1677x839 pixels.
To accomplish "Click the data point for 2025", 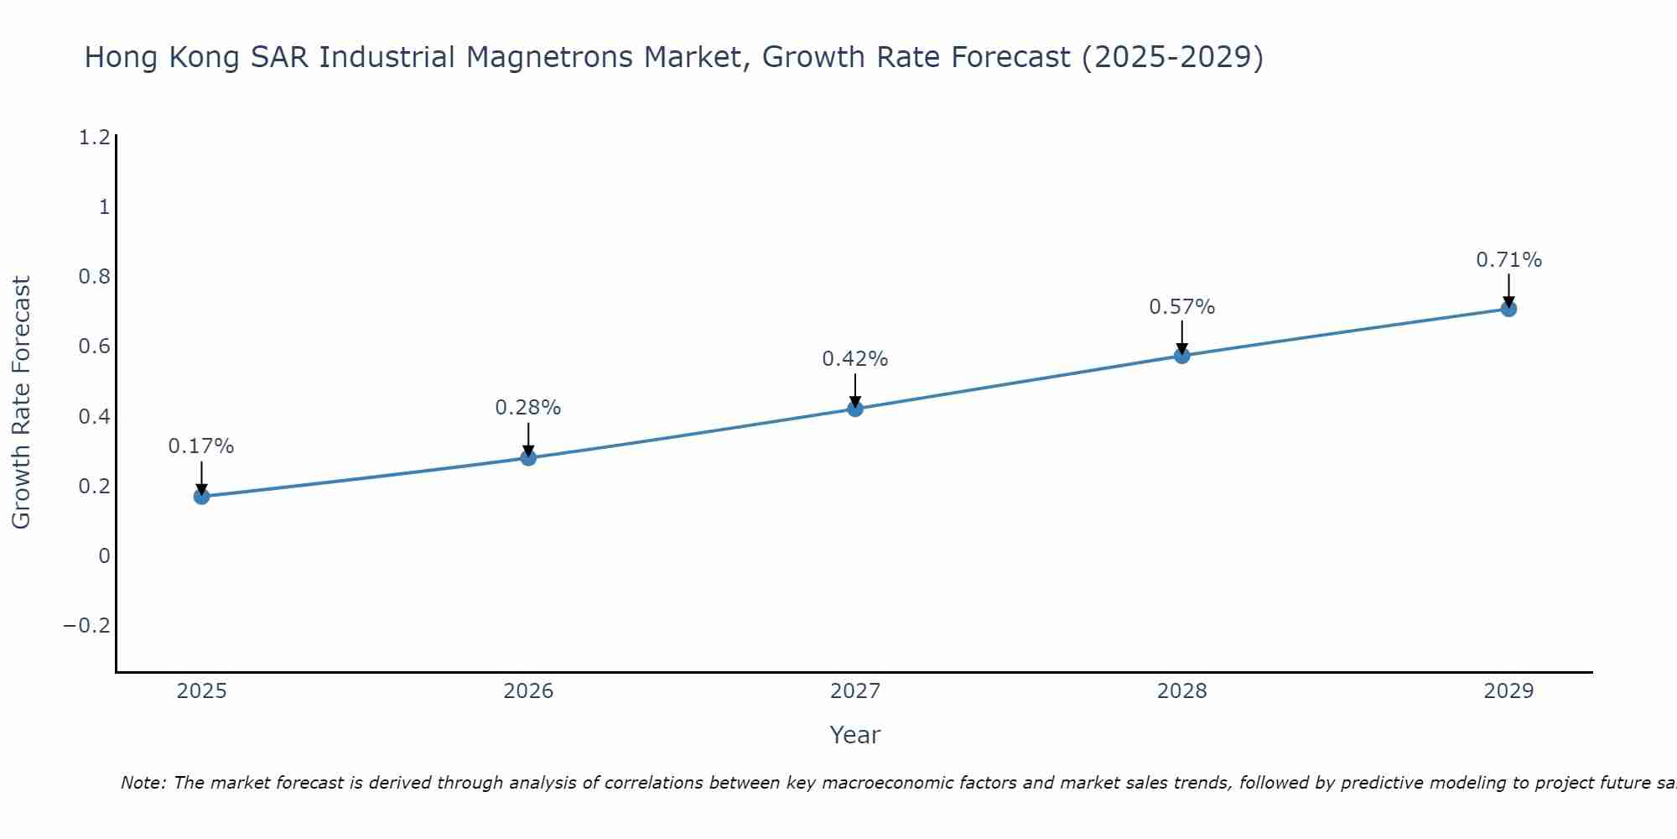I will pos(201,497).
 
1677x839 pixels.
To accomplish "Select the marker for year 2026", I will pos(528,458).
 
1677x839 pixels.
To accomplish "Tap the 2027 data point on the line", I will pos(855,409).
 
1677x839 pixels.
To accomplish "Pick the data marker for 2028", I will pos(1182,356).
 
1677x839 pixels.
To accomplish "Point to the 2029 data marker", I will pos(1508,309).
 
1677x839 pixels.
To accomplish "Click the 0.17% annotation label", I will pos(201,446).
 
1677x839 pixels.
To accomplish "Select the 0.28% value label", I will pos(528,408).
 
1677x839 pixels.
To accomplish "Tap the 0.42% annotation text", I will pos(855,359).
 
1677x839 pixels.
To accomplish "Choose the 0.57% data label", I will pos(1182,307).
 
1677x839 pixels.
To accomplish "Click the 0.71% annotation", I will pos(1508,260).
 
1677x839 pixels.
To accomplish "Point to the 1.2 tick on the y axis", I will pos(94,138).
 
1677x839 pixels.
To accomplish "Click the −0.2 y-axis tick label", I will pos(87,626).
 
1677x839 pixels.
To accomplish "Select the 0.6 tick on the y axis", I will pos(94,347).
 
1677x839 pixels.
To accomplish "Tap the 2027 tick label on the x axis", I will pos(855,691).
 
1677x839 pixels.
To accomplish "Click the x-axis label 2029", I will pos(1508,691).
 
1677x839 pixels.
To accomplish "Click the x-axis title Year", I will pos(855,735).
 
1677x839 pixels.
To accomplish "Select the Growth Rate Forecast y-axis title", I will pos(21,403).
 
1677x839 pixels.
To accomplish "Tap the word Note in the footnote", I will pos(143,783).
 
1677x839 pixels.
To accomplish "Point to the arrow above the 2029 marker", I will pos(1508,289).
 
